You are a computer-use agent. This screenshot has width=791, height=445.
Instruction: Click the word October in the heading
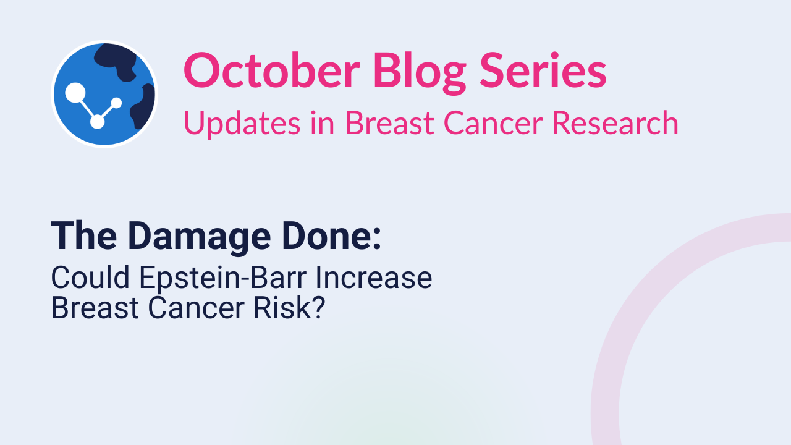(271, 70)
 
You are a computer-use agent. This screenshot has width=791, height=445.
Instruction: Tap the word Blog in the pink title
(420, 73)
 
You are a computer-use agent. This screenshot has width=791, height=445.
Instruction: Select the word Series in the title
(543, 70)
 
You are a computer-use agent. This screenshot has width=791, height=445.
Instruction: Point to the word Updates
(242, 124)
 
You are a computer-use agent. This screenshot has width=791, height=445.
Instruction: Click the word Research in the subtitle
(615, 123)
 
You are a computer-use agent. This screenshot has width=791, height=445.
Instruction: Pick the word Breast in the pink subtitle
(389, 123)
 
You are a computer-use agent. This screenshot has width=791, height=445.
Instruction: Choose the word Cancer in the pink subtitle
(493, 123)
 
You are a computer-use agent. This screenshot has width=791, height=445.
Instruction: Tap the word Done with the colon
(332, 235)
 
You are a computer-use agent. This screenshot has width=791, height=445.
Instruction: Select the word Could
(90, 278)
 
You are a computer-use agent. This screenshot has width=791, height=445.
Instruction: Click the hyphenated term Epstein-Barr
(223, 279)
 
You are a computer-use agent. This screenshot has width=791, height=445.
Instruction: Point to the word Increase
(374, 278)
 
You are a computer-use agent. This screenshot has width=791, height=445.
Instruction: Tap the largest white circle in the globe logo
(75, 93)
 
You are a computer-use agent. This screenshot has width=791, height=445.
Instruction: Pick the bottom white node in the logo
(97, 122)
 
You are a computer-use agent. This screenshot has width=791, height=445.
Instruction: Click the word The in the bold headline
(84, 236)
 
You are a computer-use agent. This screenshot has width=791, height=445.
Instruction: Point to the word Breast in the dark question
(95, 308)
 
